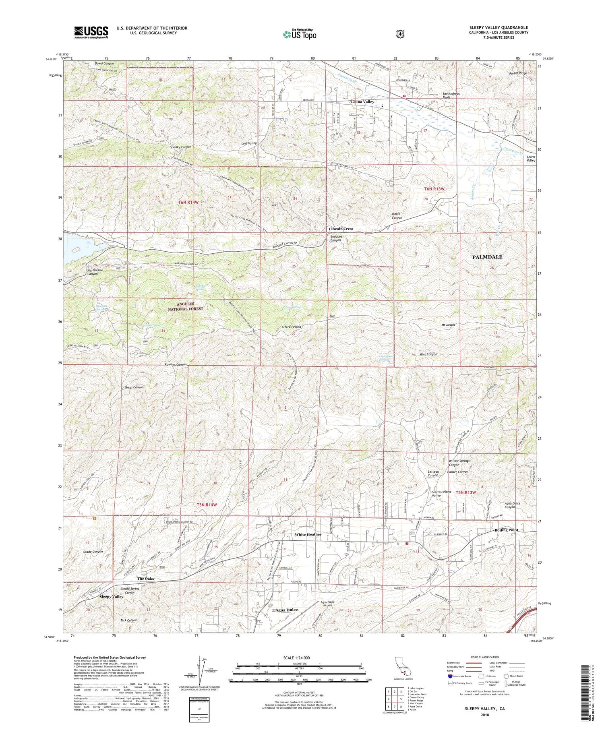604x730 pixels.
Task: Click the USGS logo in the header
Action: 91,32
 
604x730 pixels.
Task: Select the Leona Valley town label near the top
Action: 362,102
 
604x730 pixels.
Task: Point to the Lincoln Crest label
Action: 341,229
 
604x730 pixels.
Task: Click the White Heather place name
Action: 308,535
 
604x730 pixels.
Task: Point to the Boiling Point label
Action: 506,530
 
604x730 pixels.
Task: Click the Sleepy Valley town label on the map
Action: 111,597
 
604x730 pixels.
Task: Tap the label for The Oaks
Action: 145,579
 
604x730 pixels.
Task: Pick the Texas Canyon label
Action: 134,387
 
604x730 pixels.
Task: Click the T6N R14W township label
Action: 188,202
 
